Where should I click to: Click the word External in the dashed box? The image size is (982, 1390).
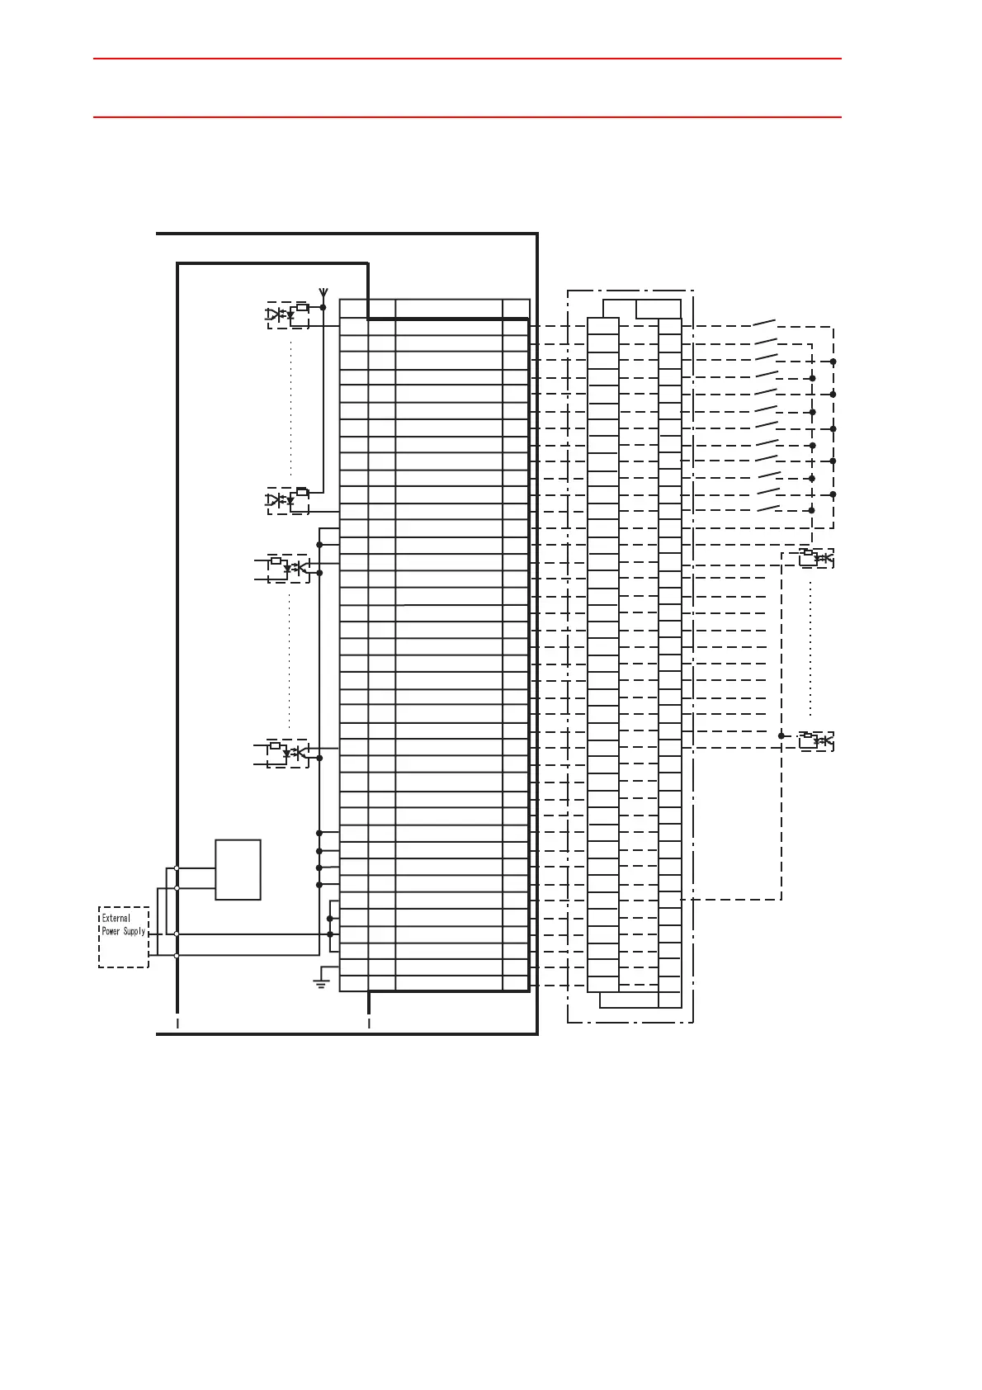[116, 918]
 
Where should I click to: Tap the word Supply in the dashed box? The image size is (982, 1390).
[135, 931]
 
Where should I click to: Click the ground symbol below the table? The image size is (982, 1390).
[321, 981]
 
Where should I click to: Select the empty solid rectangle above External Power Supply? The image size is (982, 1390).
[238, 869]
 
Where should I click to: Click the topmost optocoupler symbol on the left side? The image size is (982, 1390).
[288, 314]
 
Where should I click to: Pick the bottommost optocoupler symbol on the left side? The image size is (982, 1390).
[288, 753]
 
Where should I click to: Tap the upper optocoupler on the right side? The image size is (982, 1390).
[816, 558]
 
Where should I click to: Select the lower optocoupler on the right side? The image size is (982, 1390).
[816, 741]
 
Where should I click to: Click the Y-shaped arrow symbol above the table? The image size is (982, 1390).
[323, 292]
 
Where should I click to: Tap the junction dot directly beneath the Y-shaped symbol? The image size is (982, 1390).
[323, 307]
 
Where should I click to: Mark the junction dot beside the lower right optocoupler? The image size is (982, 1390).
[781, 735]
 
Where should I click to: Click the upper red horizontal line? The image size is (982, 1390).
[467, 59]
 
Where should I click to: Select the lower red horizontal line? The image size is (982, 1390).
[467, 117]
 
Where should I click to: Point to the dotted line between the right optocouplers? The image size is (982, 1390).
[810, 648]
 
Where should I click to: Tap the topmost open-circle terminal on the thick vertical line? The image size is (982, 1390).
[177, 868]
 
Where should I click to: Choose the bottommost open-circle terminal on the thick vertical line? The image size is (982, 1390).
[177, 955]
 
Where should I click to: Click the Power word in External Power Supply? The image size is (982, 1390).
[111, 931]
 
